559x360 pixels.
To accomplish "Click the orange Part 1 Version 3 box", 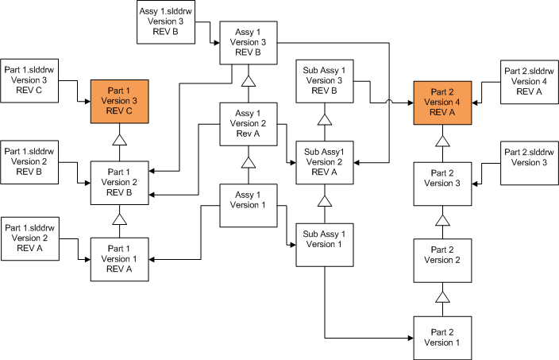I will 120,102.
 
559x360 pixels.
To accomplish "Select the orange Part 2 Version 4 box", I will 442,102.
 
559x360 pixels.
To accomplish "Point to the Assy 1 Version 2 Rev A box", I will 248,124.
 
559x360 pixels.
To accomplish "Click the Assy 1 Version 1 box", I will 248,203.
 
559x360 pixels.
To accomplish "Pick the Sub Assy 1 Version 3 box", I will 324,80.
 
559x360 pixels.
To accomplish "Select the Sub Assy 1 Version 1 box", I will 324,244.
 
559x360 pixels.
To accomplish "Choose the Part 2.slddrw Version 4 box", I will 529,81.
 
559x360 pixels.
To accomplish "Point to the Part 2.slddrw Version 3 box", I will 529,162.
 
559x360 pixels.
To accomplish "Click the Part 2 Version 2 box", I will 442,259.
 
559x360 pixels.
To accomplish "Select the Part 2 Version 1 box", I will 442,337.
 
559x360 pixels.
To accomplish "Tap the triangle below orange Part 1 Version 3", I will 120,140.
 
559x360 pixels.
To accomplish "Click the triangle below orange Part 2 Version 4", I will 442,141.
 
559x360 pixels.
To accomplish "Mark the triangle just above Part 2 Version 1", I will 442,297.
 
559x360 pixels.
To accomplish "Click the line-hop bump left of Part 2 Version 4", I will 388,101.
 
